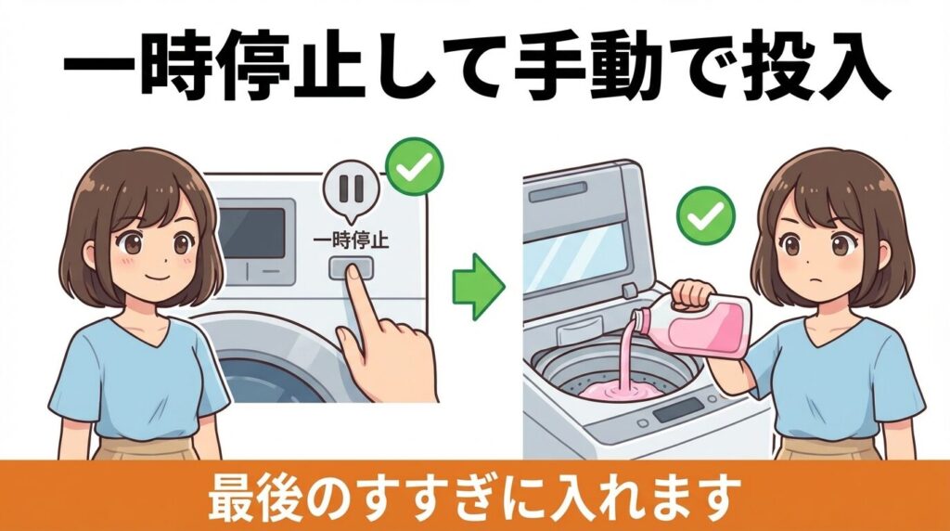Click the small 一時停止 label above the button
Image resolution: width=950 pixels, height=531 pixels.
click(x=352, y=240)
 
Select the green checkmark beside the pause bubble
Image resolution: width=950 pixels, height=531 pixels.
click(x=414, y=166)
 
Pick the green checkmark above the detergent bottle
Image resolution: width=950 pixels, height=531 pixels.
click(x=705, y=215)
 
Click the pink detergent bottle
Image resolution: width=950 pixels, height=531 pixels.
click(x=714, y=325)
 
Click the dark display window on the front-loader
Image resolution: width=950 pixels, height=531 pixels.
click(x=252, y=232)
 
